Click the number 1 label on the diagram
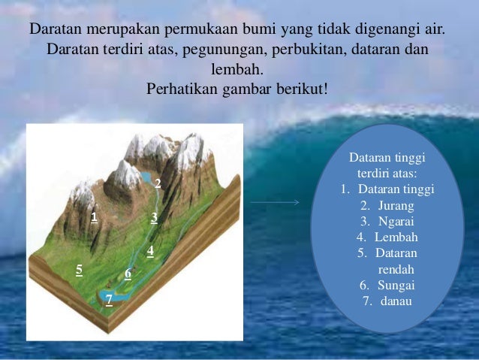pos(95,217)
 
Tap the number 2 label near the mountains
pos(158,183)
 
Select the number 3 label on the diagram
pos(154,217)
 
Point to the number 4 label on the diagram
pos(150,251)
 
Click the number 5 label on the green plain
pos(79,269)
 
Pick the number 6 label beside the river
pos(128,274)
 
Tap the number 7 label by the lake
pos(109,299)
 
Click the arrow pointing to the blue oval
pos(274,202)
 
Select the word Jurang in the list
pos(397,204)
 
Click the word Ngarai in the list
pos(397,221)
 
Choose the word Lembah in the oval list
pos(396,237)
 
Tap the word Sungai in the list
pos(396,286)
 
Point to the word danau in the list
pos(396,302)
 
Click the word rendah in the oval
pos(396,269)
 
